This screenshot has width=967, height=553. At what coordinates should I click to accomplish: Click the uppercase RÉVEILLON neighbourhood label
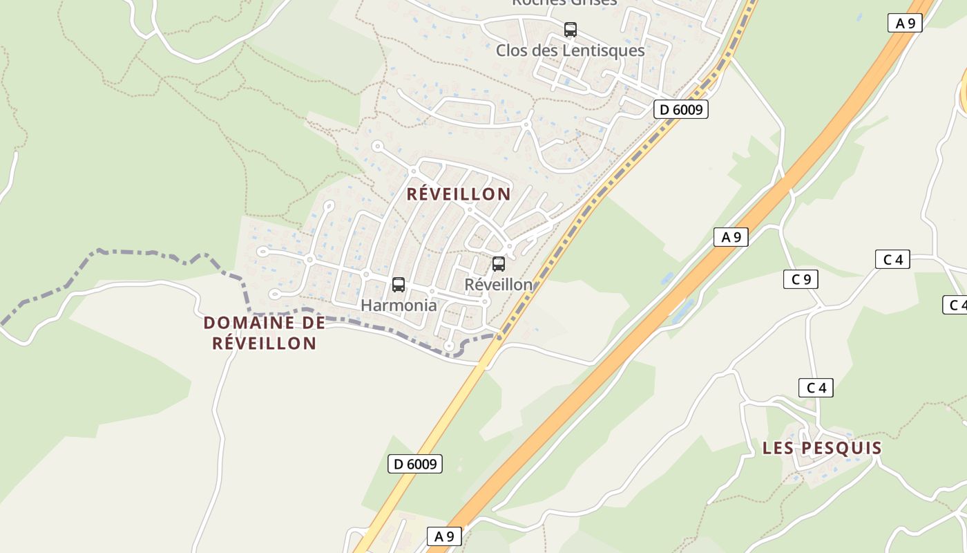click(459, 194)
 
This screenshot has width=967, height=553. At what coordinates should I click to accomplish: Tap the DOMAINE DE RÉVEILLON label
click(265, 333)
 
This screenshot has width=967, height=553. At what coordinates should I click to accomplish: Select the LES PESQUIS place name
click(822, 448)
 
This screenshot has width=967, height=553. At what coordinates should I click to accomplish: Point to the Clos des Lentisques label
click(571, 50)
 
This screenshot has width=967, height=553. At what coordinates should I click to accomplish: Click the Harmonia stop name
click(399, 305)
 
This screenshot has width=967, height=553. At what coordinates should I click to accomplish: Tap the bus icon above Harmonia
click(399, 285)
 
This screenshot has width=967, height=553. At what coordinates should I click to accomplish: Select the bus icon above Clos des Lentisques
click(571, 30)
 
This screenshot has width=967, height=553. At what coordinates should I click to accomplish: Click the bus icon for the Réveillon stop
click(499, 264)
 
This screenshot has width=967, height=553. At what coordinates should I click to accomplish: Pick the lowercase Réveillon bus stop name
click(499, 284)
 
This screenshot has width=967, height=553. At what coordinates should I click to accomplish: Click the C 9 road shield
click(801, 279)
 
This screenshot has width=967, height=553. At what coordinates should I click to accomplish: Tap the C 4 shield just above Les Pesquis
click(816, 388)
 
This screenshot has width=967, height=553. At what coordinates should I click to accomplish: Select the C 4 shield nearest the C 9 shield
click(892, 259)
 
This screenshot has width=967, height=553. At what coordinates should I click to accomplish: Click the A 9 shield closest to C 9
click(731, 237)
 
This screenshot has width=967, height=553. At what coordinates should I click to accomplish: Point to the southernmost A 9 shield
click(444, 536)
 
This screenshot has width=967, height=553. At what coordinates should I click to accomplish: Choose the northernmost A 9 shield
click(905, 23)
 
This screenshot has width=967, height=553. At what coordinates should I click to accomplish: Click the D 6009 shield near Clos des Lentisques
click(681, 109)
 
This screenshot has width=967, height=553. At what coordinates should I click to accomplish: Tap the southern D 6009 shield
click(415, 464)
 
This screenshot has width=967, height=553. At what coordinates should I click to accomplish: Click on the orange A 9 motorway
click(622, 359)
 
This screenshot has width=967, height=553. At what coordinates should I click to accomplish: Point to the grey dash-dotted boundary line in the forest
click(138, 254)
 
